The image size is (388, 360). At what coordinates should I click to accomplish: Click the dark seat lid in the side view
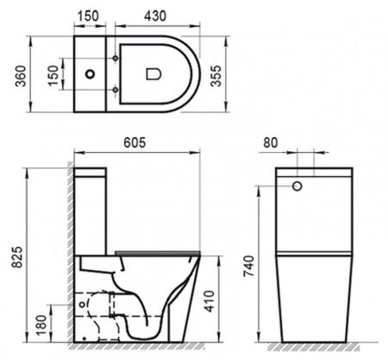coord(155,251)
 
